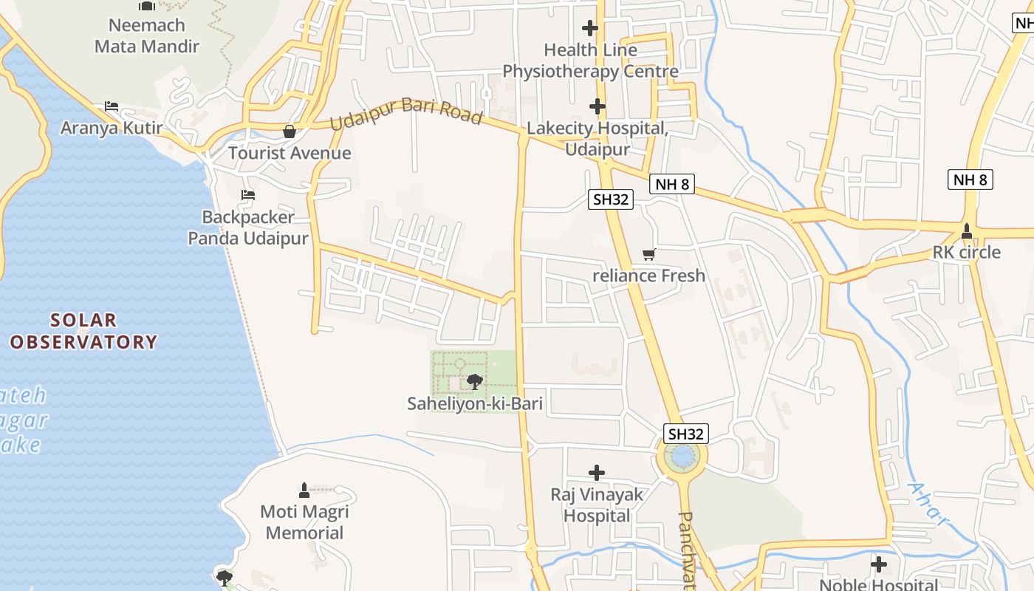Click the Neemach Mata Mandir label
pyautogui.click(x=147, y=35)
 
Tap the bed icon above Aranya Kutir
pyautogui.click(x=112, y=106)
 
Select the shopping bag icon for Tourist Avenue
pyautogui.click(x=290, y=131)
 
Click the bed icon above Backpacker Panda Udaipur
pyautogui.click(x=248, y=195)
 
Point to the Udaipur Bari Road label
pyautogui.click(x=405, y=114)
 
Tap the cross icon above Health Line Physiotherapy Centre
pyautogui.click(x=589, y=28)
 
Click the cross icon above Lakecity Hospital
pyautogui.click(x=597, y=106)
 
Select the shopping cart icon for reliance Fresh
pyautogui.click(x=648, y=255)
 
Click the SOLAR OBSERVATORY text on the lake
pyautogui.click(x=83, y=331)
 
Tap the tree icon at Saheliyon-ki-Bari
pyautogui.click(x=475, y=382)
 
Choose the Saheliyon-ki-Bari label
pyautogui.click(x=475, y=403)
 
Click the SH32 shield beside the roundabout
pyautogui.click(x=686, y=434)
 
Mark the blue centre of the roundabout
pyautogui.click(x=682, y=457)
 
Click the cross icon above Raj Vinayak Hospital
pyautogui.click(x=597, y=473)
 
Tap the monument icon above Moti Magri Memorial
pyautogui.click(x=304, y=490)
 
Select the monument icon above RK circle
pyautogui.click(x=966, y=231)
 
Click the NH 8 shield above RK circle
pyautogui.click(x=970, y=180)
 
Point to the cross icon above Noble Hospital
pyautogui.click(x=878, y=565)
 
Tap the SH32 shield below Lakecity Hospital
pyautogui.click(x=611, y=199)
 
